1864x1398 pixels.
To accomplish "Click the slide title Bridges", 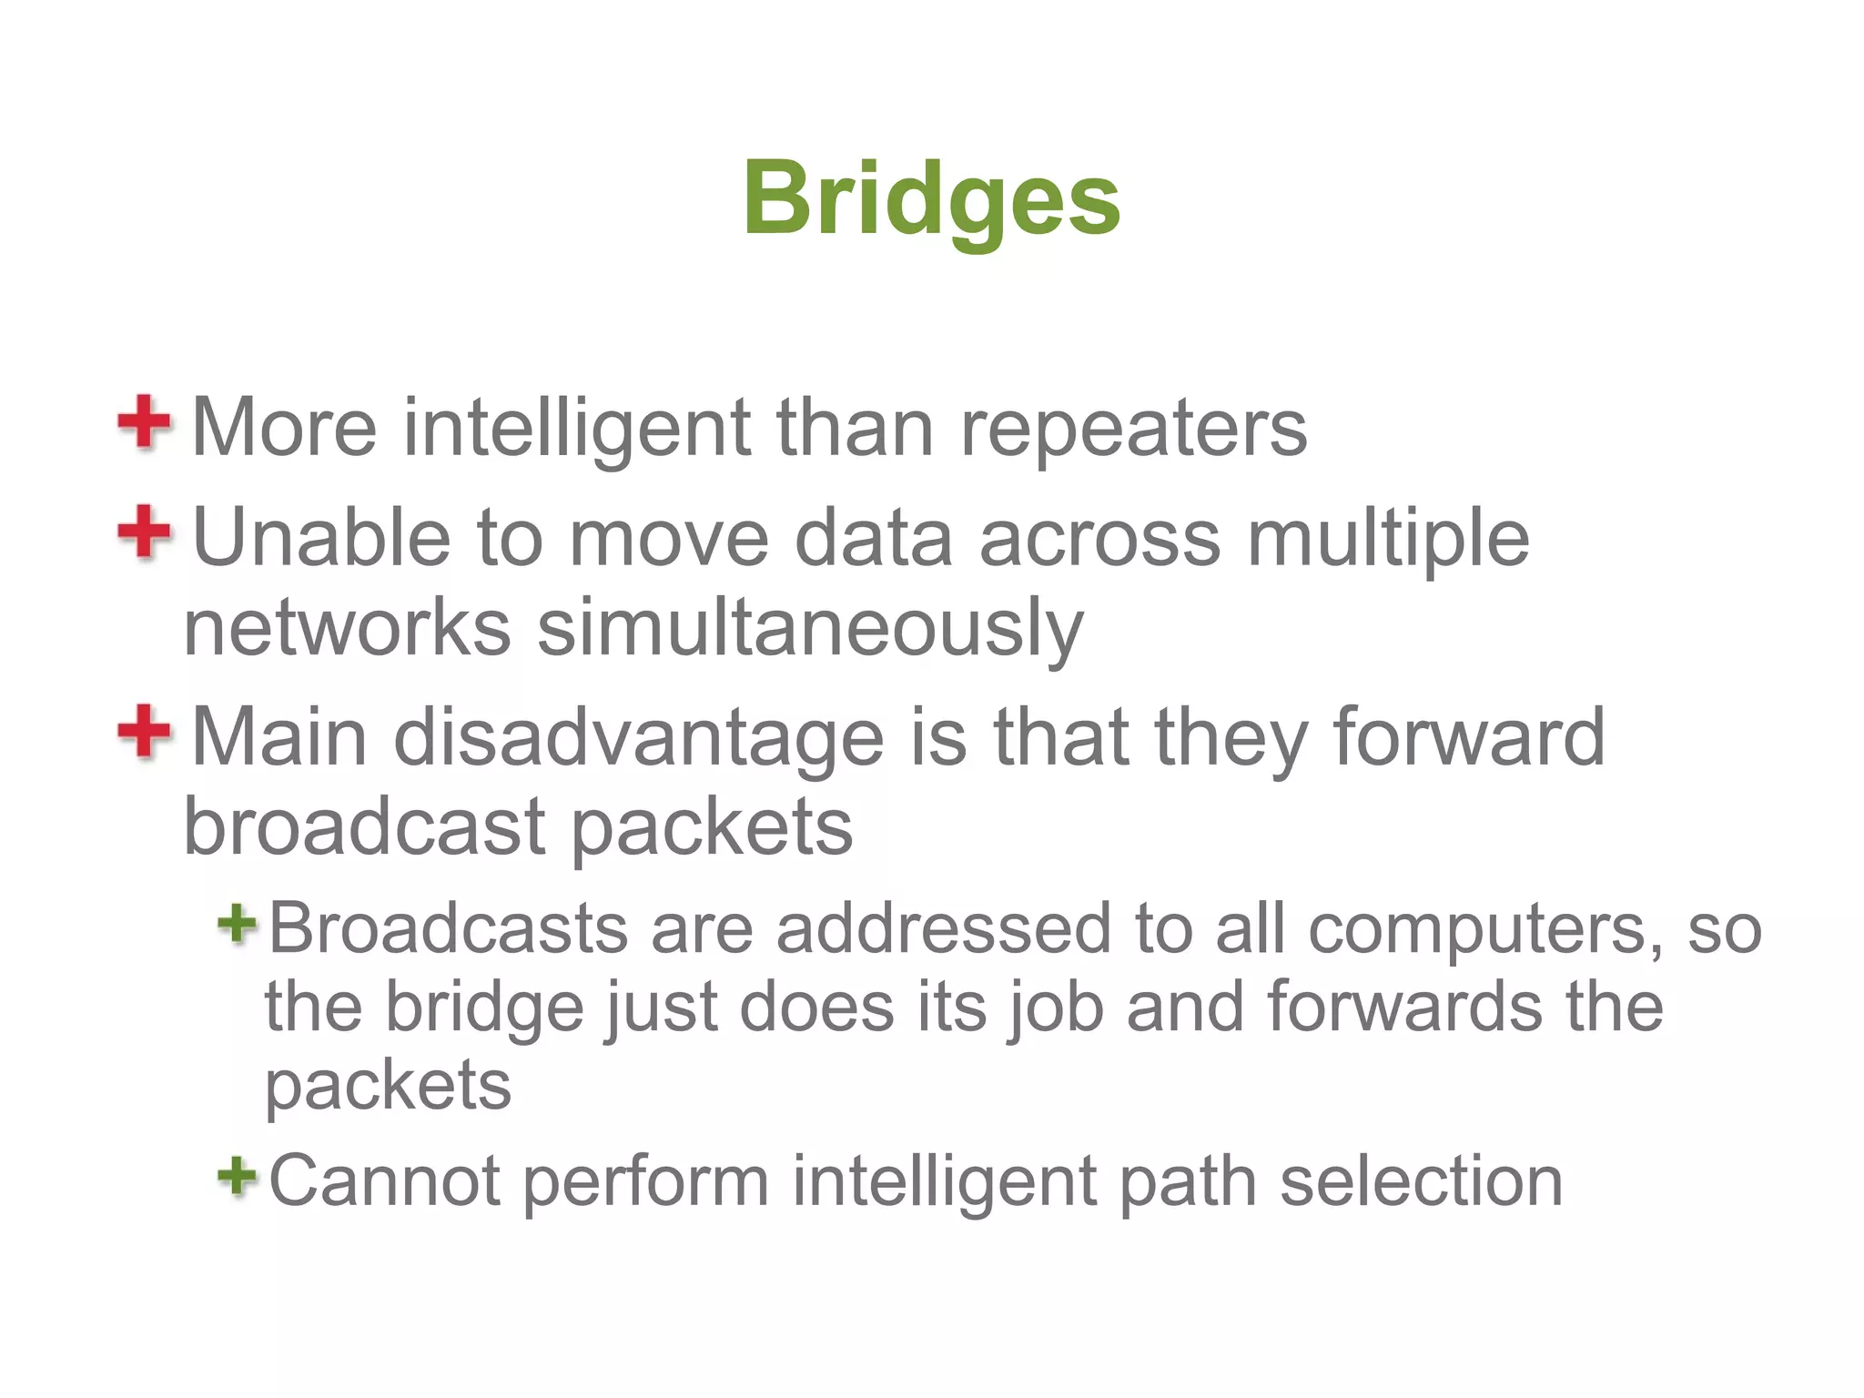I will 931,199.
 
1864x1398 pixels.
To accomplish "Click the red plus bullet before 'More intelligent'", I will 144,422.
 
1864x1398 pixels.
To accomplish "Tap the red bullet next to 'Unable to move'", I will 144,532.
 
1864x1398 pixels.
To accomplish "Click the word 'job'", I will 1057,1008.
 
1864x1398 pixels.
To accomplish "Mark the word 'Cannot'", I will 385,1180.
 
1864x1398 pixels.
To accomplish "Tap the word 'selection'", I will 1421,1180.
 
